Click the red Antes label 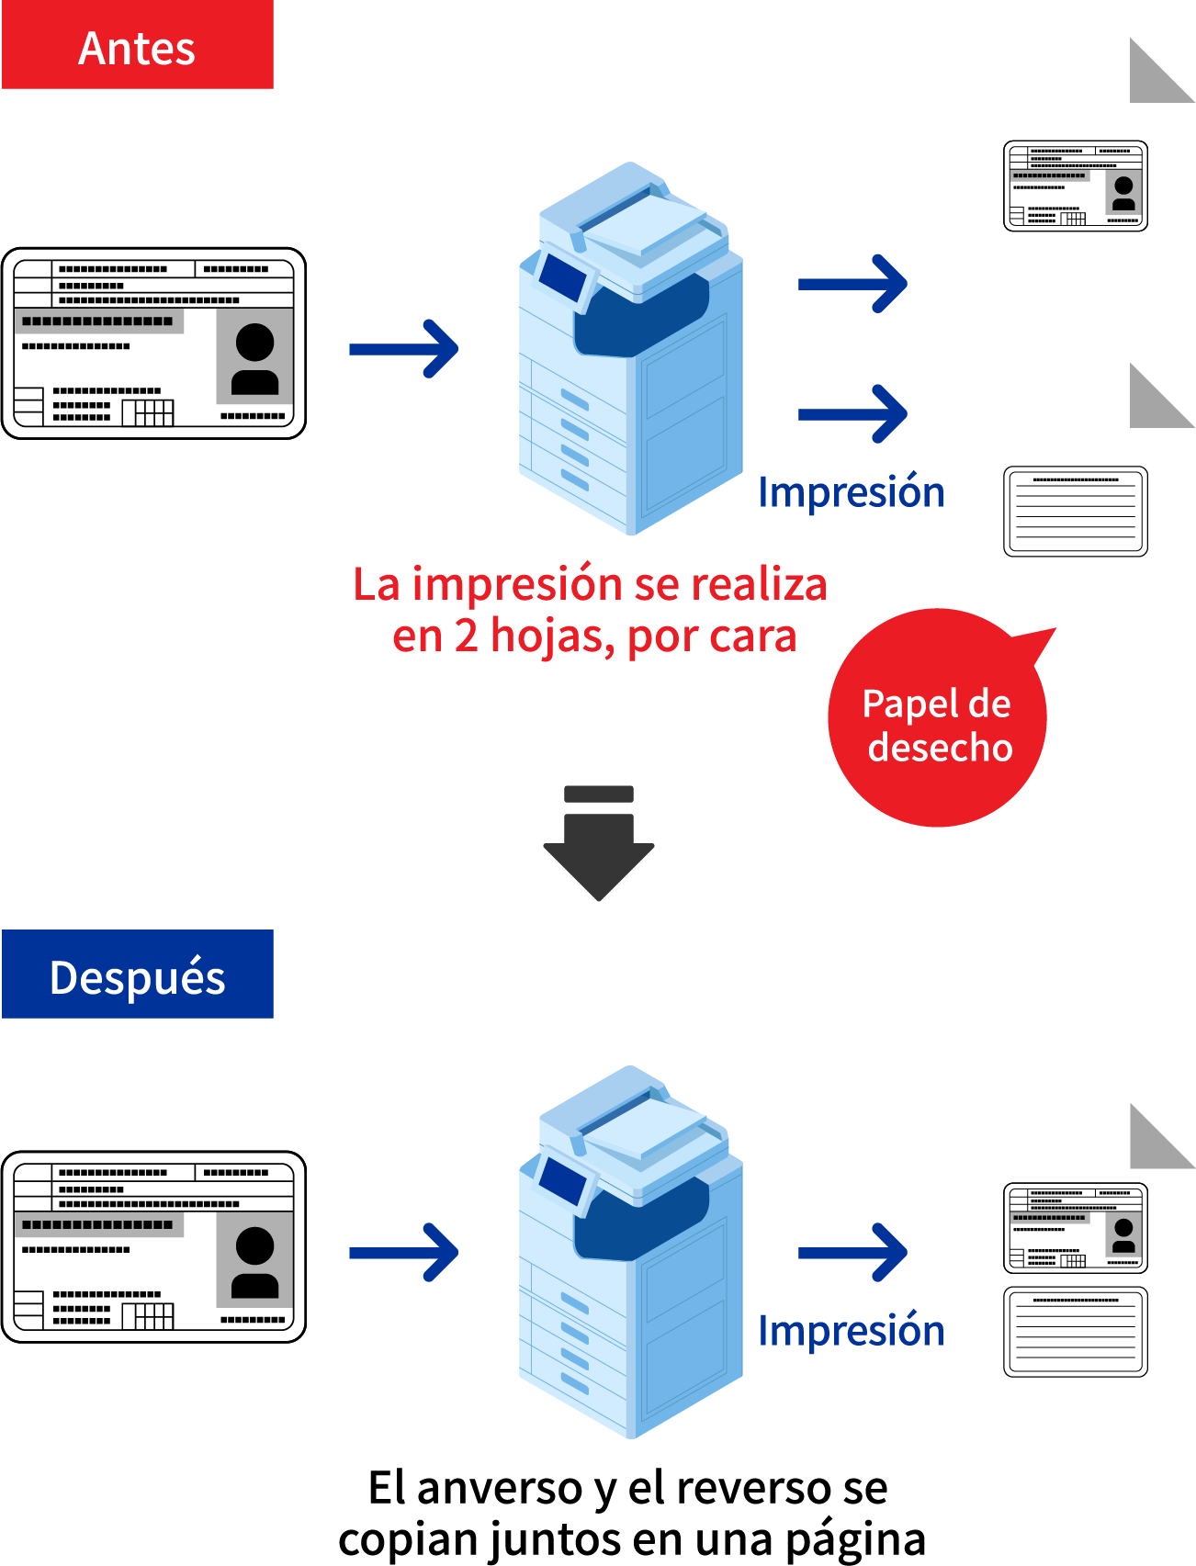138,44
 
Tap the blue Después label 138,974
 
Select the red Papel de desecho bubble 938,717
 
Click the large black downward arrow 599,843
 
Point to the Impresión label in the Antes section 852,492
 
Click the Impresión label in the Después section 852,1331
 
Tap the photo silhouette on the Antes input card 254,359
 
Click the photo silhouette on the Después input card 254,1263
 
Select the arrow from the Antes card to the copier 404,349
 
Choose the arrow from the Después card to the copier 404,1253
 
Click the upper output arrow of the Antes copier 852,284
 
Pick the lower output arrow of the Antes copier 852,414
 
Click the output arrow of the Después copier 852,1253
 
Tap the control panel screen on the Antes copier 562,276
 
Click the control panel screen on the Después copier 562,1180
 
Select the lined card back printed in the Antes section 1076,512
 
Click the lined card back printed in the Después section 1076,1332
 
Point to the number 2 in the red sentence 467,636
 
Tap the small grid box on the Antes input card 148,412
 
